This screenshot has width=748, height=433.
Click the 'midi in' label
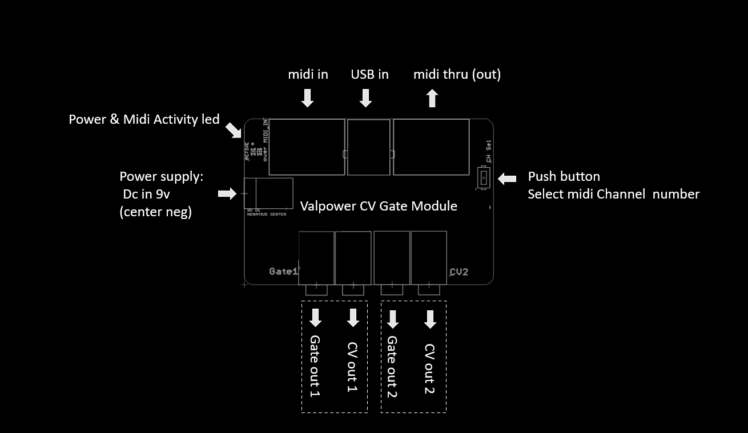click(x=308, y=74)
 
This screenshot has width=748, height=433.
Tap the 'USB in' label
click(x=369, y=74)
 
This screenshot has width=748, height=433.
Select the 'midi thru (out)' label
click(x=457, y=74)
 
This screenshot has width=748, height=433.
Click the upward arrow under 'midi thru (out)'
click(x=432, y=98)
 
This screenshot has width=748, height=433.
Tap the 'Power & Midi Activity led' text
click(x=144, y=119)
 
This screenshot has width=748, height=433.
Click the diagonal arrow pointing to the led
click(x=234, y=130)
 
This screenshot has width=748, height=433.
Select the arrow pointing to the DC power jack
click(x=227, y=194)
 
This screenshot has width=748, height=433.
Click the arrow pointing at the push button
click(x=507, y=179)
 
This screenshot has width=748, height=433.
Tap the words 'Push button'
click(x=564, y=176)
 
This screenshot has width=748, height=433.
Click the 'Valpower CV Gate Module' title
click(x=379, y=205)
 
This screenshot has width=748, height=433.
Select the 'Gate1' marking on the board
click(x=283, y=272)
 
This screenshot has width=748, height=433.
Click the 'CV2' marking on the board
click(x=459, y=272)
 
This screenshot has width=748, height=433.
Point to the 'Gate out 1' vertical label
click(x=315, y=366)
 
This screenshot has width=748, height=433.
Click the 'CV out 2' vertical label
click(x=430, y=369)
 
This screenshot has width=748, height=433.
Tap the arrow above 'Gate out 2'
click(x=392, y=318)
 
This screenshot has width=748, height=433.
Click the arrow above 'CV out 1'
click(x=353, y=318)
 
